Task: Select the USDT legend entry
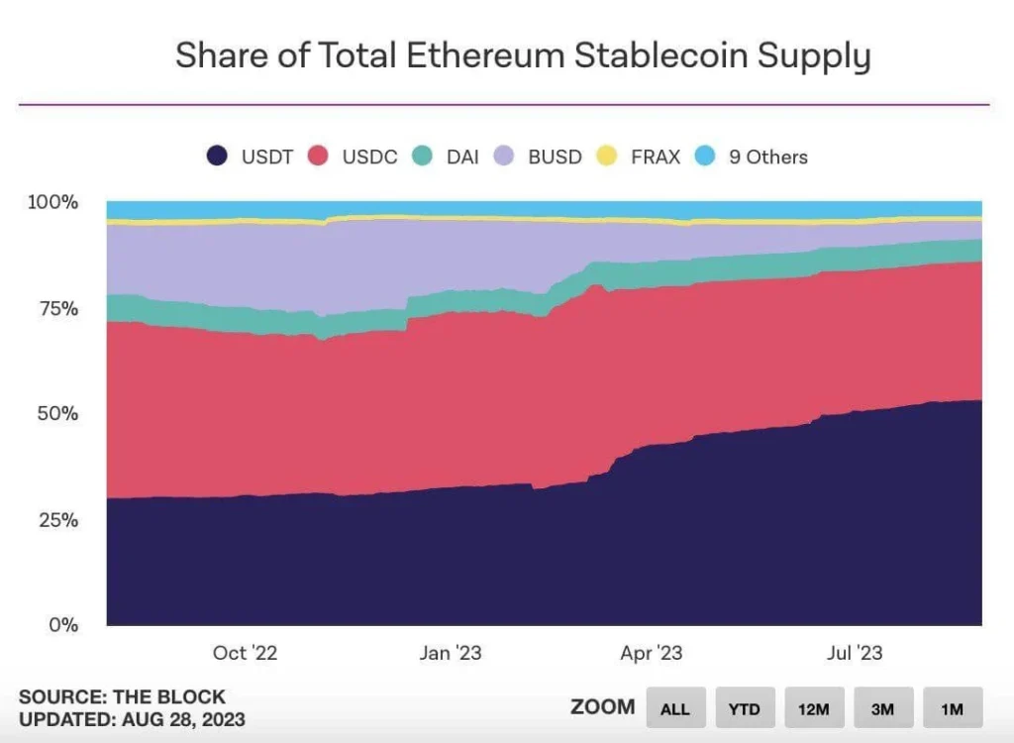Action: click(x=251, y=157)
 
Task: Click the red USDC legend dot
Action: click(x=319, y=157)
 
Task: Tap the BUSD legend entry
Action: click(x=540, y=157)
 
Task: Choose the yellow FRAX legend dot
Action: click(x=607, y=157)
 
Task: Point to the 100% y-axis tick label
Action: click(x=53, y=202)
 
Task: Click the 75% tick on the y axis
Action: click(x=57, y=308)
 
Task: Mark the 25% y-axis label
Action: click(x=57, y=519)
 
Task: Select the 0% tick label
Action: click(x=62, y=625)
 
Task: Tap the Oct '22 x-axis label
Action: click(x=245, y=653)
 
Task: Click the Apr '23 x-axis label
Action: click(x=651, y=653)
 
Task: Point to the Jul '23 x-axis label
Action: click(x=854, y=653)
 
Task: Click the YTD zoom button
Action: click(x=744, y=708)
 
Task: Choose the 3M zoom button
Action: click(x=882, y=708)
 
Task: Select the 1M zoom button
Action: click(x=952, y=708)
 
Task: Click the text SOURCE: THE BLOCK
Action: click(x=122, y=696)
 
